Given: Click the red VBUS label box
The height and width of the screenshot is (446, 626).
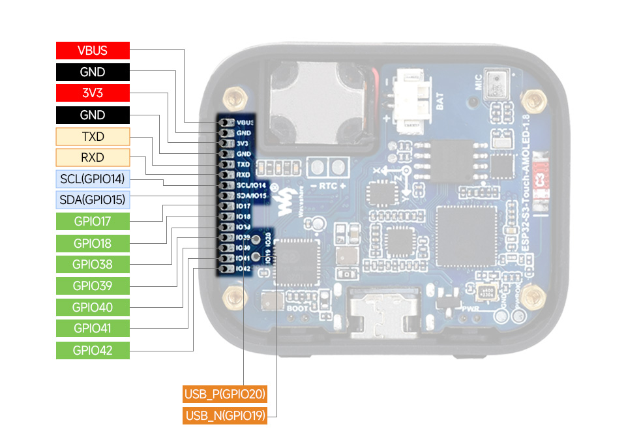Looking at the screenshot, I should (x=93, y=51).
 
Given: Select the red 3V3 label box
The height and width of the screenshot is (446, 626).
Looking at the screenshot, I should (x=93, y=93).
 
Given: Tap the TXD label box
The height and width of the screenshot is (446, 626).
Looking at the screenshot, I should (x=93, y=136).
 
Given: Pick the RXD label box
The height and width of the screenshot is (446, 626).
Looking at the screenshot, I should (x=93, y=157).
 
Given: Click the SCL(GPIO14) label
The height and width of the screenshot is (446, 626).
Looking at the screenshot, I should (x=93, y=179).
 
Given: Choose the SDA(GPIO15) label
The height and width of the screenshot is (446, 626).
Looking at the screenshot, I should (x=93, y=200).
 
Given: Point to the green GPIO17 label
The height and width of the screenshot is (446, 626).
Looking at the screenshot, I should (x=93, y=221).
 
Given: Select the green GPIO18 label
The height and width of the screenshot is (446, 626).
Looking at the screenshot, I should (x=93, y=243).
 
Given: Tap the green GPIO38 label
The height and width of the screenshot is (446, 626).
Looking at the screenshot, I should (x=93, y=264).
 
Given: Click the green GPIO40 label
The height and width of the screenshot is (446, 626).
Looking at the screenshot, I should (x=93, y=306).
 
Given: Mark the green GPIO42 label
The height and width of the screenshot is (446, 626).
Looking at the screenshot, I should (x=93, y=350).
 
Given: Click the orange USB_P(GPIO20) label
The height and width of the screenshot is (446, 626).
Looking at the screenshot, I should (x=225, y=394).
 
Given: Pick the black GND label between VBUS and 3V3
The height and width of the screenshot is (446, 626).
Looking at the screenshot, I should (x=93, y=72).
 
